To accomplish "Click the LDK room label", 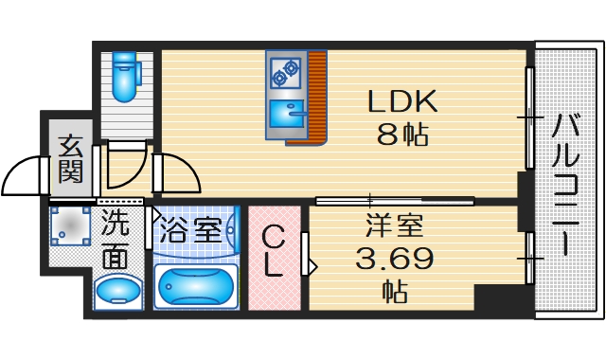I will point(401,101).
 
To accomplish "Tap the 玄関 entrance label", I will point(70,158).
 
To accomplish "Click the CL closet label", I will point(273,252).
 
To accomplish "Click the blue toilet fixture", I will point(123,76).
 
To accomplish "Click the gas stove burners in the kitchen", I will point(285,69).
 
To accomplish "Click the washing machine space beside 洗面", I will point(70,228).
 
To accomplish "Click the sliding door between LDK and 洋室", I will point(393,200).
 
